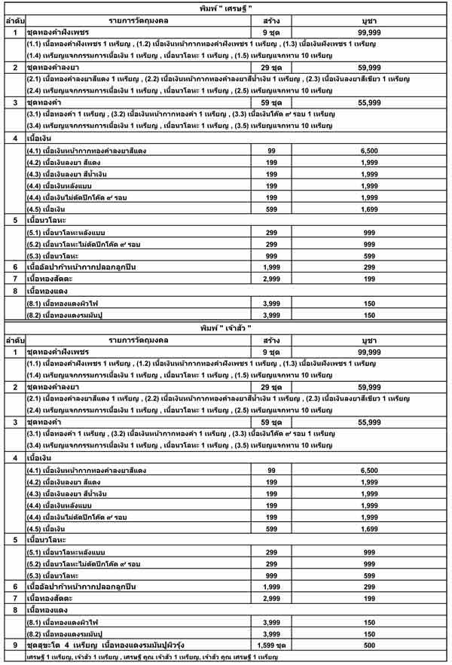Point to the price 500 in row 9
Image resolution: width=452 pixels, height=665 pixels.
coord(369,645)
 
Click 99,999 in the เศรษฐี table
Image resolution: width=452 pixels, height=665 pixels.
coord(369,34)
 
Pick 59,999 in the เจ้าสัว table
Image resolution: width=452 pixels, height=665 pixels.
coord(369,386)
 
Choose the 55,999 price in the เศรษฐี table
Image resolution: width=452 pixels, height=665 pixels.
coord(369,101)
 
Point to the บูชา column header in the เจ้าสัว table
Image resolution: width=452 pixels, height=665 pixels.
coord(369,342)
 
